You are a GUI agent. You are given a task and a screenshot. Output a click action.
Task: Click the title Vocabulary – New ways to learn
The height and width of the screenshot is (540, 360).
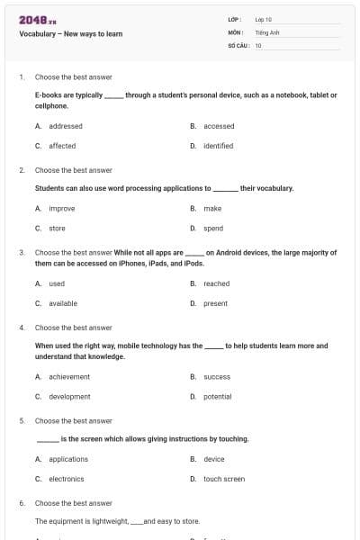pos(70,34)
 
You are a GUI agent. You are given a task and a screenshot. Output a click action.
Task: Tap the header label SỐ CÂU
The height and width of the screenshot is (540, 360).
pos(237,43)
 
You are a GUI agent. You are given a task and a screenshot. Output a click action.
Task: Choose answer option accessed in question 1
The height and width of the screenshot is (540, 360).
pos(219,126)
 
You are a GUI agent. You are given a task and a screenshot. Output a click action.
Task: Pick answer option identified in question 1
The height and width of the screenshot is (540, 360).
pos(219,145)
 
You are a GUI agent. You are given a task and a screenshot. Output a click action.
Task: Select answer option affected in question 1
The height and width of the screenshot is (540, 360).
pos(62,145)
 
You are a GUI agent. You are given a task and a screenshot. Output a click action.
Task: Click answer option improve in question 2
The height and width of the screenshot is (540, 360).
pos(62,208)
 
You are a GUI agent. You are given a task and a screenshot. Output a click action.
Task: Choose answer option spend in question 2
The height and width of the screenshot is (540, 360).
pos(213,229)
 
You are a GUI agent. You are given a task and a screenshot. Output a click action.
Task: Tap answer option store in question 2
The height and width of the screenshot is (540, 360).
pos(57,229)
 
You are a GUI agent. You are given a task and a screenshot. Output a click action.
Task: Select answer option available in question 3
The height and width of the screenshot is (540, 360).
pos(63,303)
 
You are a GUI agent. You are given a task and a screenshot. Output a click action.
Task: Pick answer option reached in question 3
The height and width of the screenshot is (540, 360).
pos(217,283)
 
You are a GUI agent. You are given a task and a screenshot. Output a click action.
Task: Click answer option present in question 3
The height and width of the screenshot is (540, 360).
pos(216,303)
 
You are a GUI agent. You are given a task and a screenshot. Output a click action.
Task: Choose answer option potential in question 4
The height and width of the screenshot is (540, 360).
pos(218,396)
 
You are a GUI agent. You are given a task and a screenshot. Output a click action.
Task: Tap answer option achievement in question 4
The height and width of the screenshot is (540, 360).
pos(69,376)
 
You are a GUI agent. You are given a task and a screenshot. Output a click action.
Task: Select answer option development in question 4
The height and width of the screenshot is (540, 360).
pos(69,396)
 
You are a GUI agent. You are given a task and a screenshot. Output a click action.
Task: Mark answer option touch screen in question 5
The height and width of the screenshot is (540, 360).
pos(224,479)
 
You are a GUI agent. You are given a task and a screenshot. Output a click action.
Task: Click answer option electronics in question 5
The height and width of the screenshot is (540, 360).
pos(67,479)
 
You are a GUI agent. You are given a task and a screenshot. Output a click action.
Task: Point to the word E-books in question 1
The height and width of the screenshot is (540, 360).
pos(47,94)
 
